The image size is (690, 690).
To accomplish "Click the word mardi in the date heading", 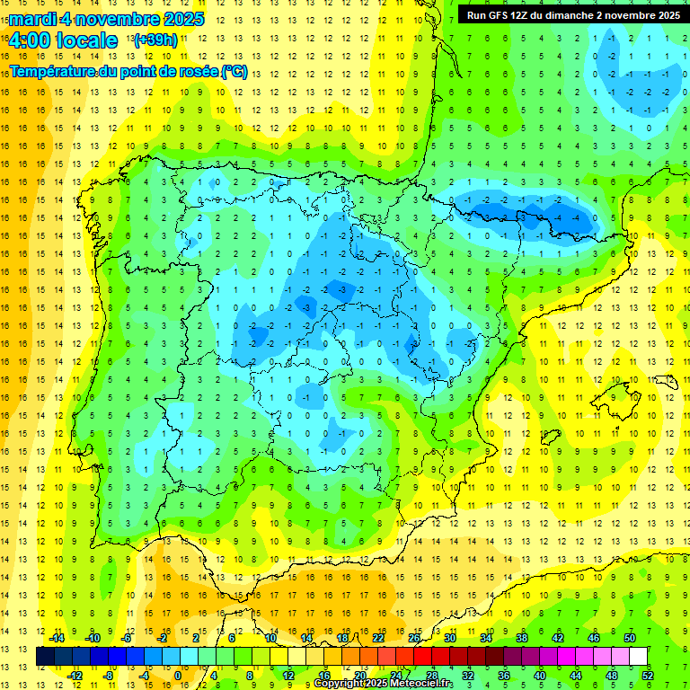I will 33,19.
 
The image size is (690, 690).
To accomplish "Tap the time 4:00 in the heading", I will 30,40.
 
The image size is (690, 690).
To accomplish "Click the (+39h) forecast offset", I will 155,40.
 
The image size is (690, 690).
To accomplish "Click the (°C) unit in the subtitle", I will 234,71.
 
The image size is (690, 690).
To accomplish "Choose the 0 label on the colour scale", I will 178,675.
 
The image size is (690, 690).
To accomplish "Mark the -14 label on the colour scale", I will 57,638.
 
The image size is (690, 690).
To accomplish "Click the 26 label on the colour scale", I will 414,638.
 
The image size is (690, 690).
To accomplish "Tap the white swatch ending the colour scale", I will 639,656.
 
